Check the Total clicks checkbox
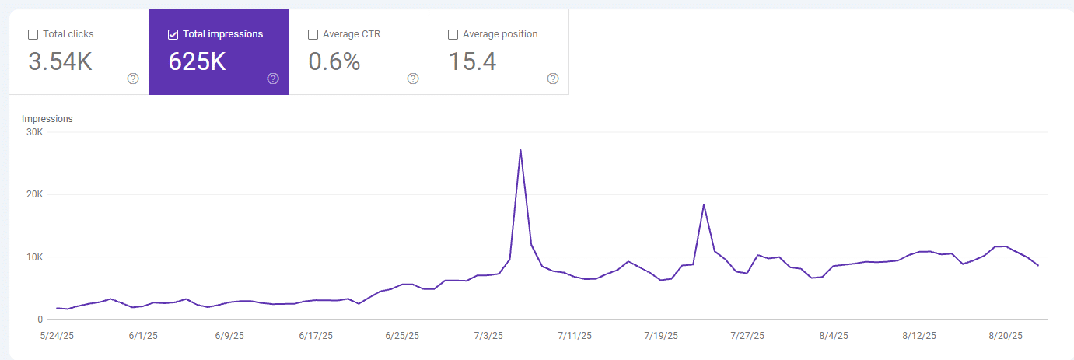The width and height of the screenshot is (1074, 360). [x=33, y=34]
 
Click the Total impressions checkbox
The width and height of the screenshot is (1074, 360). [x=173, y=34]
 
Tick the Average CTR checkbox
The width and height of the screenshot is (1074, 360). [x=313, y=34]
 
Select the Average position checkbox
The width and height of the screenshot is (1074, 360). [x=453, y=34]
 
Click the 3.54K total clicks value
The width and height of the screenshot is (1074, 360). [x=60, y=61]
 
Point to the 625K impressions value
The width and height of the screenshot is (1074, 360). [x=197, y=61]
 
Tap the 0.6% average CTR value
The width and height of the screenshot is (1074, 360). [x=334, y=61]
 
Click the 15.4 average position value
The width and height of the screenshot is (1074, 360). [x=472, y=61]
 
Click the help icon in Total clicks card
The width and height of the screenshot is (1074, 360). [x=133, y=79]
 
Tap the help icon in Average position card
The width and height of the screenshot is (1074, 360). [x=553, y=79]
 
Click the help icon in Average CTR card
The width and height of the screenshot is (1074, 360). [x=413, y=79]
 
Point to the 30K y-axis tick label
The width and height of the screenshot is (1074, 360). [x=34, y=132]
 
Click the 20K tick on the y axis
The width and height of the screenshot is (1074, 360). [x=34, y=194]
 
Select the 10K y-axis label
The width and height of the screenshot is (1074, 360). [x=34, y=257]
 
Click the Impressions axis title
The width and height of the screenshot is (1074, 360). [x=47, y=119]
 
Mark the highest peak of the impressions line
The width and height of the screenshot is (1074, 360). [x=520, y=149]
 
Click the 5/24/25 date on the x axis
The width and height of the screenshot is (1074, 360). [x=57, y=336]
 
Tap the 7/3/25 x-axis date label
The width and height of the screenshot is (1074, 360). [x=488, y=336]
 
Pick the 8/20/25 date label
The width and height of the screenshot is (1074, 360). [x=1006, y=336]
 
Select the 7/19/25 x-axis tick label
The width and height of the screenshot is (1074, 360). [x=661, y=336]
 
